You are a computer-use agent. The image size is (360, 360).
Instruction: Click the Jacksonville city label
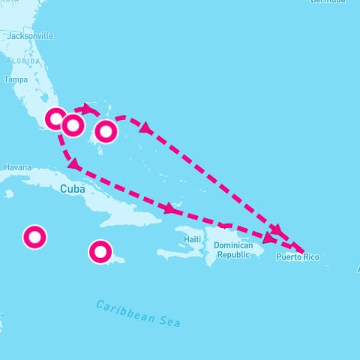tap(30, 35)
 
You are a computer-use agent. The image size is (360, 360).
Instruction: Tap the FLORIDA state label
tap(23, 61)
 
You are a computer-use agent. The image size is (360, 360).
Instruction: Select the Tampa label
tap(15, 79)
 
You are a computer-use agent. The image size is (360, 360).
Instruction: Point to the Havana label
tap(16, 167)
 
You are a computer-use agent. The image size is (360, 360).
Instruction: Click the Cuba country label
tap(73, 189)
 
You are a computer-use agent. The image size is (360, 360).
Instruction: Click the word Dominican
tap(237, 245)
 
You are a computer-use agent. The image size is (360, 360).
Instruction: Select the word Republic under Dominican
tap(237, 255)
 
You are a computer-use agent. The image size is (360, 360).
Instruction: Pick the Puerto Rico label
tap(297, 258)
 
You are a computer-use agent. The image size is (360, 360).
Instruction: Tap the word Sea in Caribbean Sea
tap(170, 321)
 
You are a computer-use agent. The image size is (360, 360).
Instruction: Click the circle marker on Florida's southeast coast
tap(55, 118)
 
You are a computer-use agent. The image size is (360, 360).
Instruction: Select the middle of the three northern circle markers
tap(73, 125)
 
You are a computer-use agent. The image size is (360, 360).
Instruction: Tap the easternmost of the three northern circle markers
tap(106, 131)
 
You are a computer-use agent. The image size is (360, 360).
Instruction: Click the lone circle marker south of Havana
tap(34, 238)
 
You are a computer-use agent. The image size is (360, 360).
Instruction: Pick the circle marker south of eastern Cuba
tap(100, 251)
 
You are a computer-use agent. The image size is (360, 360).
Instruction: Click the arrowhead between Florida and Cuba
tap(73, 163)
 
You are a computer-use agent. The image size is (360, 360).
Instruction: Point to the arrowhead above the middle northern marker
tap(88, 109)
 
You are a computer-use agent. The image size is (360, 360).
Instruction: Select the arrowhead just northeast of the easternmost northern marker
tap(146, 130)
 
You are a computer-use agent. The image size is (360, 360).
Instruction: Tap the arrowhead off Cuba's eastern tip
tap(172, 208)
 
